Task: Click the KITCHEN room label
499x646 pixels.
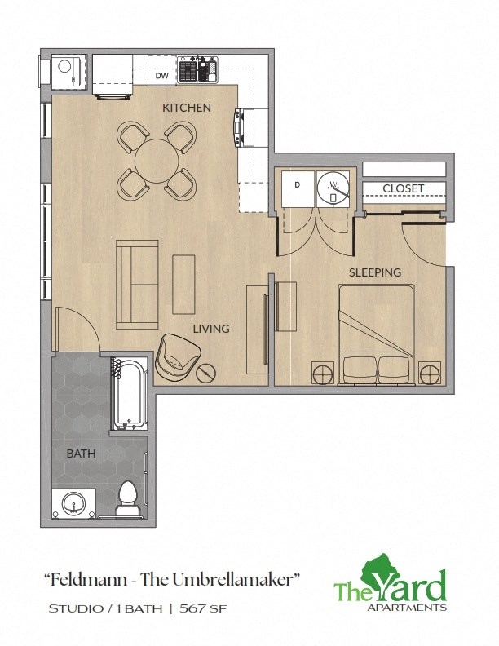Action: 186,108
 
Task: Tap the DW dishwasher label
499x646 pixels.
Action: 161,77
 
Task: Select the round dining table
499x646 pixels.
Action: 157,161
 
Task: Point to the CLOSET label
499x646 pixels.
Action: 404,188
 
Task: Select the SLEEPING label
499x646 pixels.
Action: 375,272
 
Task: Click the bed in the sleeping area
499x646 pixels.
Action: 376,334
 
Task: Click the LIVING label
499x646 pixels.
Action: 210,329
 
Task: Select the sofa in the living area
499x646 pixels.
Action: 136,284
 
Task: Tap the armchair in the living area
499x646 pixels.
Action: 179,356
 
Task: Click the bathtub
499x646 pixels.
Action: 129,393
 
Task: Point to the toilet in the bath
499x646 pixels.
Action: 128,498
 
